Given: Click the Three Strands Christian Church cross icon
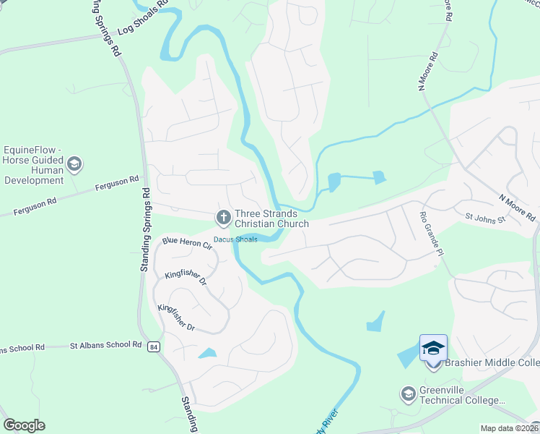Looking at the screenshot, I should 223,216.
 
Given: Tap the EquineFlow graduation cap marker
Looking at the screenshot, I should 74,165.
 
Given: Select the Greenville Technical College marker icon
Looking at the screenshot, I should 408,394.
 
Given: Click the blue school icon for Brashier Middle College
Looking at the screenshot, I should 433,349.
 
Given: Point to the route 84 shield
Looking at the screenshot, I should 154,348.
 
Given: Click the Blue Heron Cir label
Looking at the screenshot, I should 187,244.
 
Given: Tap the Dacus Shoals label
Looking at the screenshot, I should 235,239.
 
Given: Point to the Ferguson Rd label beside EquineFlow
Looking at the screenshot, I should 116,184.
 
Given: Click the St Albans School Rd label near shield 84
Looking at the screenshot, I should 105,345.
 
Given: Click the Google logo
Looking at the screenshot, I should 24,425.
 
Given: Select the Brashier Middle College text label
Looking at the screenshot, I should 492,363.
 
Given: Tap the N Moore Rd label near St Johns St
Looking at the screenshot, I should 517,207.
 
